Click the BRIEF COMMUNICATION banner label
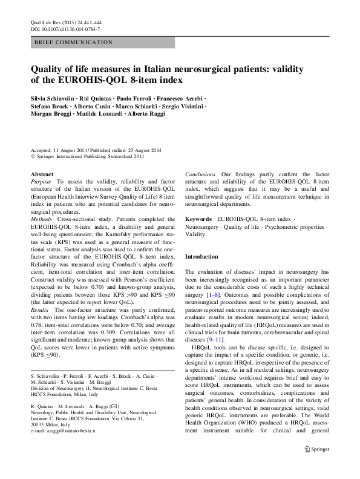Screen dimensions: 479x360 click(x=73, y=42)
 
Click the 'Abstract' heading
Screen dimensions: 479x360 click(x=42, y=174)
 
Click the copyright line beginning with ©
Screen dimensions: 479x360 click(x=87, y=156)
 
